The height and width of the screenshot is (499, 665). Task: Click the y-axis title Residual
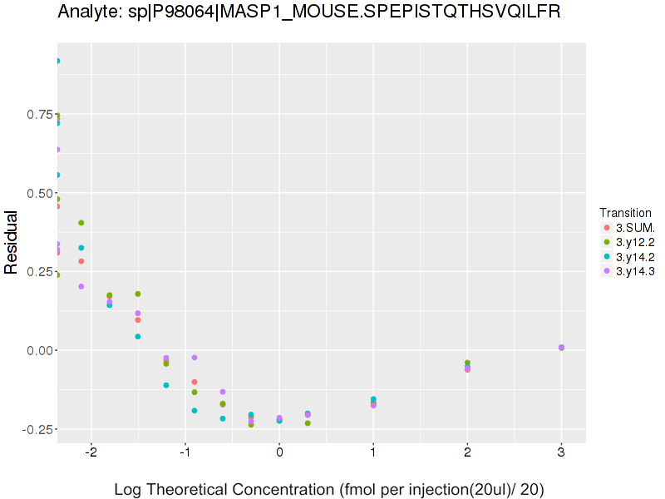(x=12, y=242)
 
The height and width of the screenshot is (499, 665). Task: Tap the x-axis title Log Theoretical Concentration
(x=328, y=489)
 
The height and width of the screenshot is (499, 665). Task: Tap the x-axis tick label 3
(x=562, y=453)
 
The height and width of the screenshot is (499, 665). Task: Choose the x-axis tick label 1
(x=373, y=453)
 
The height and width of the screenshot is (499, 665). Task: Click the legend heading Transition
(x=625, y=213)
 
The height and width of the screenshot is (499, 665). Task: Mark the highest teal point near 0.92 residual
(x=57, y=61)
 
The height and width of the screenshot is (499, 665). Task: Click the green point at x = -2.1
(x=81, y=223)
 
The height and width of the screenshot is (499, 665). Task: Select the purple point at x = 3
(x=562, y=348)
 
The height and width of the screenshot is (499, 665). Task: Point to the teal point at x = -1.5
(x=138, y=337)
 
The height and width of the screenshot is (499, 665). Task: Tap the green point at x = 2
(x=467, y=363)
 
